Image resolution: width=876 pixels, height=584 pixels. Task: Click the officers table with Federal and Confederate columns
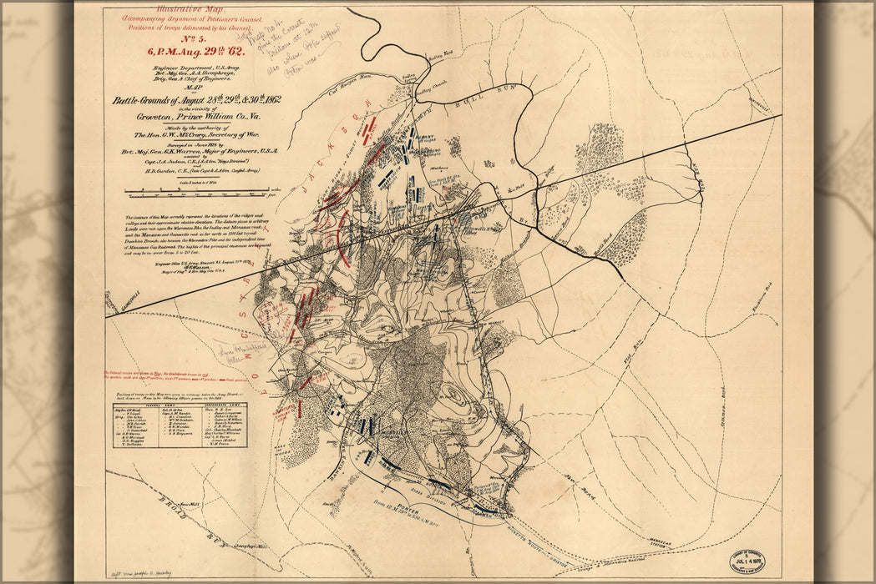pos(180,425)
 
